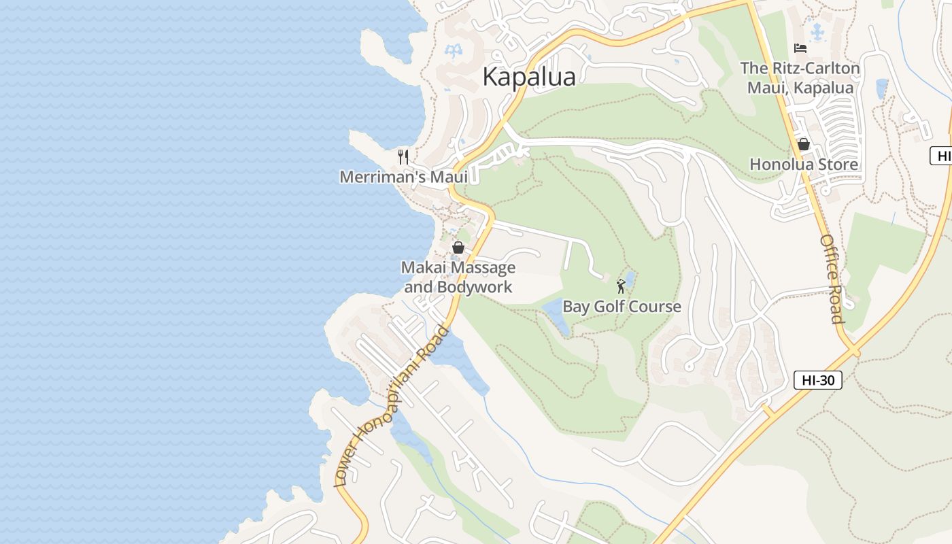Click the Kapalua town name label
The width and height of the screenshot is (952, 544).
529,77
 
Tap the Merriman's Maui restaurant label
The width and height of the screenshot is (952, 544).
403,177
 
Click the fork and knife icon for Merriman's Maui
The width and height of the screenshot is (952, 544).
403,157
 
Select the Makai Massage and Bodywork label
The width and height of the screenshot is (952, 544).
458,277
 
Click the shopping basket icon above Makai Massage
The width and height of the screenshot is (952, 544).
458,248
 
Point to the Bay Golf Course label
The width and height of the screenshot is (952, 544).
622,307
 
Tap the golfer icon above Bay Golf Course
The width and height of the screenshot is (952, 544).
620,286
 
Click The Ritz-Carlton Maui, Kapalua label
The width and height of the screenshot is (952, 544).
800,78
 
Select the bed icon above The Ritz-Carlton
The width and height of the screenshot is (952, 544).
800,48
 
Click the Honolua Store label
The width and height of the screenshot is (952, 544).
803,165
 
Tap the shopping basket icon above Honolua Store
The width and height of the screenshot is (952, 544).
803,144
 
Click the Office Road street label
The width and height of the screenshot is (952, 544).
832,279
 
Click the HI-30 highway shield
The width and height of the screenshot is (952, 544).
817,380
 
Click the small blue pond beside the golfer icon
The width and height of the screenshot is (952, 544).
630,279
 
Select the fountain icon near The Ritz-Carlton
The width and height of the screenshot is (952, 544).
817,31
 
